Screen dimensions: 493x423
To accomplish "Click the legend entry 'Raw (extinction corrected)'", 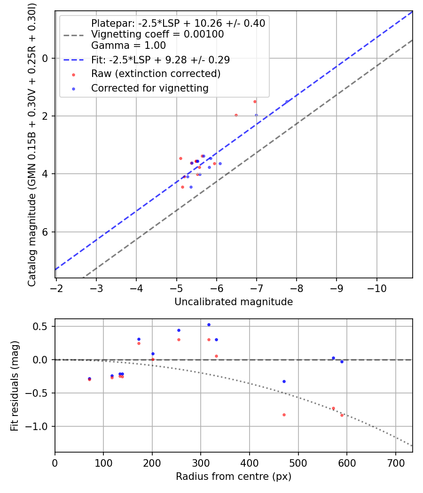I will [156, 74].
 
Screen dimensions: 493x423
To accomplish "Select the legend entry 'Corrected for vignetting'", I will [149, 88].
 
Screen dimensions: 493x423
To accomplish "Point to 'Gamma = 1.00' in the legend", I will [128, 46].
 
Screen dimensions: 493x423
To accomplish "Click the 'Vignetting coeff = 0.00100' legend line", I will [157, 34].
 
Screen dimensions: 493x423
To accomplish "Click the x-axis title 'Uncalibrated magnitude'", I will [234, 302].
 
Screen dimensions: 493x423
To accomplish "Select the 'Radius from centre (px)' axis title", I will [234, 477].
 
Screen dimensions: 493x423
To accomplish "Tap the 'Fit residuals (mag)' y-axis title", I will [15, 385].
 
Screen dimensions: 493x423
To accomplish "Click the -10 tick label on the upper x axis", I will [376, 287].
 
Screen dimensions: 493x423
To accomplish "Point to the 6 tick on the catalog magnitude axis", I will [46, 232].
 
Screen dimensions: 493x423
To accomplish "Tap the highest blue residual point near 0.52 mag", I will [209, 324].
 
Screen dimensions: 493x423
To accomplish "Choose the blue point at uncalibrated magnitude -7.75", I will [287, 101].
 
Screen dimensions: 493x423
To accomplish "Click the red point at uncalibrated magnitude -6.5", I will [236, 115].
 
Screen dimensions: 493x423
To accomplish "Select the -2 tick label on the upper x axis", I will [56, 287].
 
